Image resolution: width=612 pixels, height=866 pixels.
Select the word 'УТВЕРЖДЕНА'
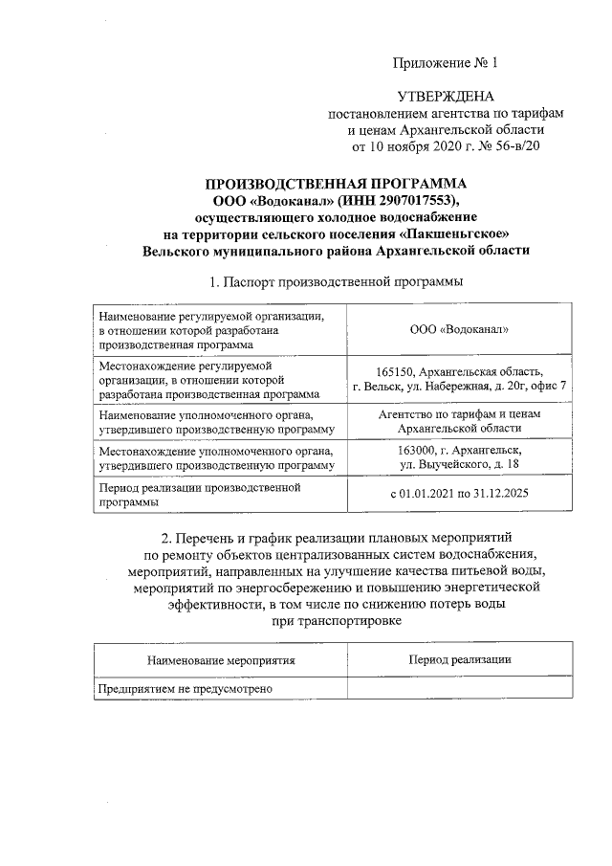tap(446, 97)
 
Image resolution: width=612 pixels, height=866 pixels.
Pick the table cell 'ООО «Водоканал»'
tap(458, 329)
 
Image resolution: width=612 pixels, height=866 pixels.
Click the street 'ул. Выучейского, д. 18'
tap(459, 464)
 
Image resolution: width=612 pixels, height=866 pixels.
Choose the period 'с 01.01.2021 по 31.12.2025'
tap(459, 495)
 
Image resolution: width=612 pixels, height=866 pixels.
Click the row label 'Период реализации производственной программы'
tap(206, 495)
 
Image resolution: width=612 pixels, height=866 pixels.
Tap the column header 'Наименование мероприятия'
tap(221, 660)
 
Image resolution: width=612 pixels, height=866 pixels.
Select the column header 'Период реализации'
tap(459, 659)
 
